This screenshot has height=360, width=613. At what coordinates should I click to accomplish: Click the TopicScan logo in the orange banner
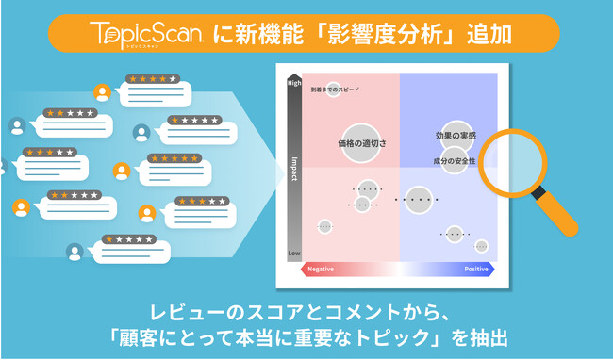(149, 34)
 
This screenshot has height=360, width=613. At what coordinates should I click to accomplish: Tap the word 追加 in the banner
(490, 34)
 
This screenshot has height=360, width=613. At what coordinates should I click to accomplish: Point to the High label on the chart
(294, 84)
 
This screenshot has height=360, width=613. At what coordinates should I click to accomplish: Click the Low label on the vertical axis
(294, 254)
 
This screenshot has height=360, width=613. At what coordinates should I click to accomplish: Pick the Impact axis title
(294, 168)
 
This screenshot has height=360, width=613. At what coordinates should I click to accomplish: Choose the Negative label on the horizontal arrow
(323, 270)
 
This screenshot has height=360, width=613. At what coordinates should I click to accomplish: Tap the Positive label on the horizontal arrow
(476, 270)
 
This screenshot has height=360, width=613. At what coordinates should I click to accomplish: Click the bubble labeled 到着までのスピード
(333, 90)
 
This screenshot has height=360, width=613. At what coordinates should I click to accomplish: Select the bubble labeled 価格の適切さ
(361, 142)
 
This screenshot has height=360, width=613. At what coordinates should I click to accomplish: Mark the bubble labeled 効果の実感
(456, 136)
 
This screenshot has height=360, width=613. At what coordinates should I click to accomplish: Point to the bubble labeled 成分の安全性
(455, 160)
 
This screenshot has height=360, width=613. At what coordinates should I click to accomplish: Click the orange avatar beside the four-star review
(102, 92)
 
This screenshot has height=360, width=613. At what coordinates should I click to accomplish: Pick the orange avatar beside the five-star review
(121, 171)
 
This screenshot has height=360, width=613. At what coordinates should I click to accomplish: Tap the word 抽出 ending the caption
(489, 337)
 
